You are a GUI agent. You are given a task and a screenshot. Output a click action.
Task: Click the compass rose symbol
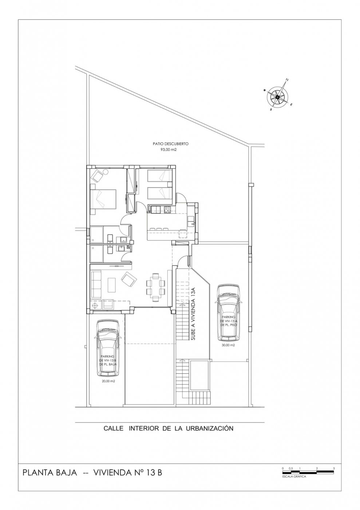(277, 97)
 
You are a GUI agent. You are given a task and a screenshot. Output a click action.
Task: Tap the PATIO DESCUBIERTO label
(170, 144)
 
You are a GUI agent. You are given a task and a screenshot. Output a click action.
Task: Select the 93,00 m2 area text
(170, 149)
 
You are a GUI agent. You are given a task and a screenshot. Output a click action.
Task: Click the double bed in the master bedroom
(103, 199)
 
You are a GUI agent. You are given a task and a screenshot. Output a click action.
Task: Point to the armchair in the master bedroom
(98, 176)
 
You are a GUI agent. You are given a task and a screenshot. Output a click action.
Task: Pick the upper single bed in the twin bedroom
(159, 176)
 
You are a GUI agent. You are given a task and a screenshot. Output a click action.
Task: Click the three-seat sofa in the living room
(96, 284)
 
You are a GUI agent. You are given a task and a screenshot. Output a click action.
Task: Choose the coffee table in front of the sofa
(111, 285)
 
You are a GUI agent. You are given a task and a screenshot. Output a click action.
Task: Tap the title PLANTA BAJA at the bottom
(50, 473)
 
